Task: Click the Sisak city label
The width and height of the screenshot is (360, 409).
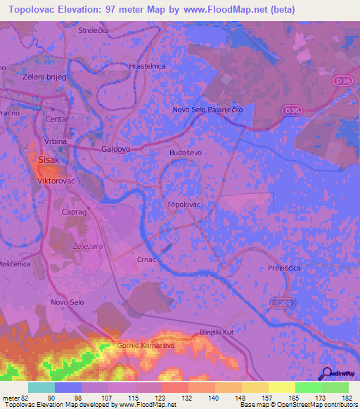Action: click(x=49, y=160)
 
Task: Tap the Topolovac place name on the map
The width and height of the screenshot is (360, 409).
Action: click(x=184, y=204)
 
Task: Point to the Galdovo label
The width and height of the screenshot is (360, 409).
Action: click(x=116, y=149)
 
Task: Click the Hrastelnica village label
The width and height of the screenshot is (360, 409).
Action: click(x=147, y=65)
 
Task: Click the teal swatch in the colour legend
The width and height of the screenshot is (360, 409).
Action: click(x=41, y=387)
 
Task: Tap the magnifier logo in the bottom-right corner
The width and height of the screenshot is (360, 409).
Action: click(x=326, y=373)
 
